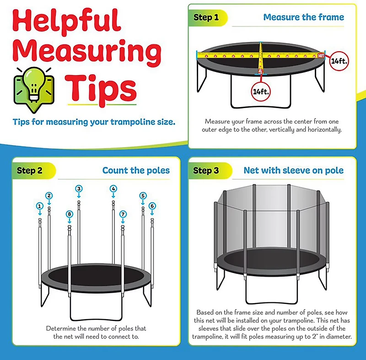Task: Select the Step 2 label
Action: click(x=30, y=170)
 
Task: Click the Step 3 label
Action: click(x=206, y=170)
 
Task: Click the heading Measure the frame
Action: click(x=303, y=17)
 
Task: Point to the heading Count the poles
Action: click(x=136, y=170)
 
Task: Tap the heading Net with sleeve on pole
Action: click(x=293, y=170)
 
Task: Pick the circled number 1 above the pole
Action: click(x=40, y=206)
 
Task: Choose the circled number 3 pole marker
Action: click(x=79, y=188)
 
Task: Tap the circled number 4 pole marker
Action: click(x=113, y=188)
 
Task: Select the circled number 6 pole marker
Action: click(x=152, y=206)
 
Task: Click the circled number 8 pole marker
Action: click(x=69, y=214)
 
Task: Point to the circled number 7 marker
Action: click(x=123, y=214)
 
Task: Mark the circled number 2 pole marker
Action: click(x=49, y=196)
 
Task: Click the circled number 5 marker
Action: click(x=143, y=196)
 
